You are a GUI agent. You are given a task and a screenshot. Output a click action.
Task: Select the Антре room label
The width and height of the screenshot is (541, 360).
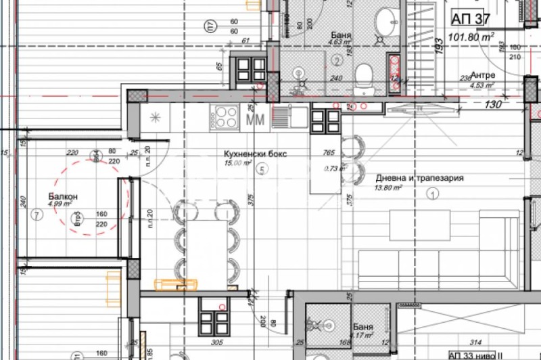(x=483, y=75)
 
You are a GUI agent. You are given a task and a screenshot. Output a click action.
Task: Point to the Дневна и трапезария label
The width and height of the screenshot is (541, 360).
(x=419, y=179)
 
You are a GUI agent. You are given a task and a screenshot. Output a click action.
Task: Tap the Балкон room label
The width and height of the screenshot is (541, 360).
(x=63, y=196)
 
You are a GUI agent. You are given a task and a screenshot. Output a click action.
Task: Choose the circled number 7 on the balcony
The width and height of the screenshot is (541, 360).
(x=37, y=215)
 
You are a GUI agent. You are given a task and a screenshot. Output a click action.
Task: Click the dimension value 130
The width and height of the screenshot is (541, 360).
(x=494, y=104)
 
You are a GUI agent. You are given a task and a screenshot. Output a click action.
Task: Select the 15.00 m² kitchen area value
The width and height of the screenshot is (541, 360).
(x=238, y=163)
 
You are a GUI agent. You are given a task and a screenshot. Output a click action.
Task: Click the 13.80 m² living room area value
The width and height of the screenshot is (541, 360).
(x=389, y=189)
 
